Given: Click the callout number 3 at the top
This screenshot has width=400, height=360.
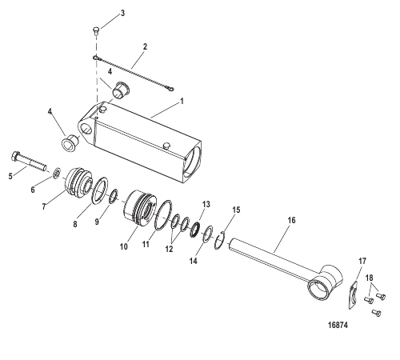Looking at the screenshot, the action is click(x=122, y=13).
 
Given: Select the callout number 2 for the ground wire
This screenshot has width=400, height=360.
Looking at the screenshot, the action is click(x=145, y=46).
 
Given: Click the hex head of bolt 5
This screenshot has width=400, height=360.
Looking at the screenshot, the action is click(x=15, y=156).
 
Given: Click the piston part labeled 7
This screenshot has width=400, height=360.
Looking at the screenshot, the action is click(x=78, y=182).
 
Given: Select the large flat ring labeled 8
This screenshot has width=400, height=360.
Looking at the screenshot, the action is click(x=100, y=190).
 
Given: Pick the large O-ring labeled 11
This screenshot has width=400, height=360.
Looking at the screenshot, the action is click(x=163, y=214).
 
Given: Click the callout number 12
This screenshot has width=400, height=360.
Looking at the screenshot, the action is click(x=169, y=249).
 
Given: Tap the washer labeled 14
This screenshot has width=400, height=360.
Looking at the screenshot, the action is click(x=208, y=234).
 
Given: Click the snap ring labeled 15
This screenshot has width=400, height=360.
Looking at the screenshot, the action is click(x=220, y=241).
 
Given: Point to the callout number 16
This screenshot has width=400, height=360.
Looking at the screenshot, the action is click(x=291, y=220).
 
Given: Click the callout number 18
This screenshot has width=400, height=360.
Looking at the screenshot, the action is click(x=370, y=278).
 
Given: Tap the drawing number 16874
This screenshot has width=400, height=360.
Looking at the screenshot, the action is click(x=338, y=325).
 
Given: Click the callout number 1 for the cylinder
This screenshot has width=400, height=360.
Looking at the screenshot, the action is click(x=182, y=102).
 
